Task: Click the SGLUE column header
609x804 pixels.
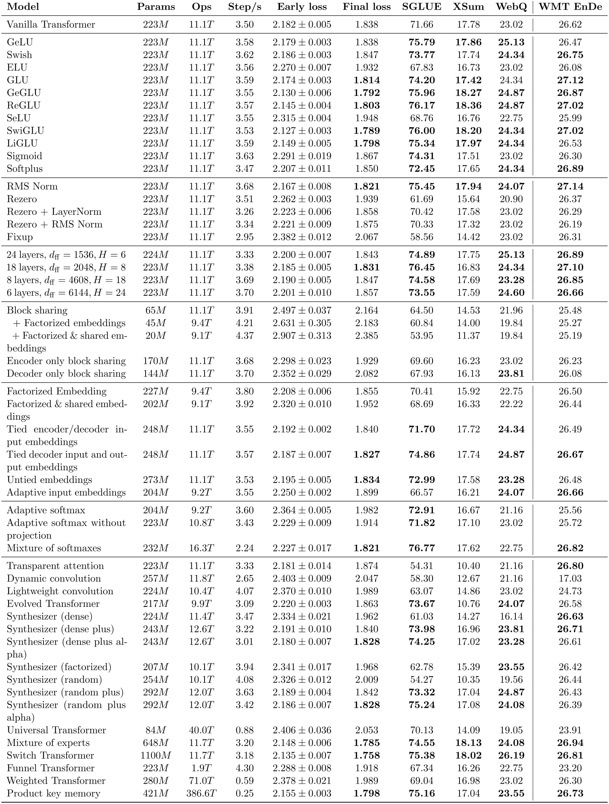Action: pos(422,7)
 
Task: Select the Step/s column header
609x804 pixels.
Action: pos(245,7)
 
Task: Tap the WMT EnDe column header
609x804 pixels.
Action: pos(570,7)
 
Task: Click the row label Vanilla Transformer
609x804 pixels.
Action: pos(51,25)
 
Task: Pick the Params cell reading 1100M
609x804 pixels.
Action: pos(156,755)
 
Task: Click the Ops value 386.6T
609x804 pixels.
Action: pos(200,793)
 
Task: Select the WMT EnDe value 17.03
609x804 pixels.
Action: pos(570,578)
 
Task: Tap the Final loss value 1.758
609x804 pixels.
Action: pos(367,755)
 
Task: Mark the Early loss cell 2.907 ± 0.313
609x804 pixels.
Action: pos(302,336)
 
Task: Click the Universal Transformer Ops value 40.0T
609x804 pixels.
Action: pos(200,730)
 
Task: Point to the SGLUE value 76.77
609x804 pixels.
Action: pos(422,548)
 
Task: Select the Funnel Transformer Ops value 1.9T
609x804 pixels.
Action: pos(200,768)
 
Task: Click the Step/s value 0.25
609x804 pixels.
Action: pos(245,793)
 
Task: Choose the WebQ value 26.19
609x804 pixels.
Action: pos(511,755)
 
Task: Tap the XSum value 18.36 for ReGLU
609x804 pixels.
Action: pos(468,106)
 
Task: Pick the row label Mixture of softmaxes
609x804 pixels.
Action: pos(54,548)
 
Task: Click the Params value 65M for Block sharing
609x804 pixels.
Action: pos(156,310)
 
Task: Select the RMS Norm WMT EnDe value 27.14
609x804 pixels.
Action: pos(570,186)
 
